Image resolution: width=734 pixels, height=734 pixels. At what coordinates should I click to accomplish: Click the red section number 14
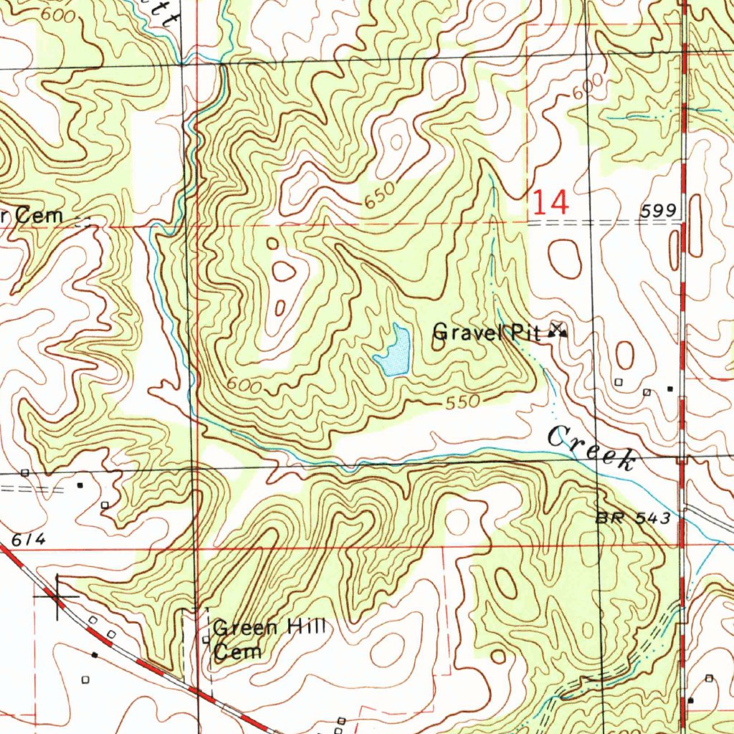coord(550,203)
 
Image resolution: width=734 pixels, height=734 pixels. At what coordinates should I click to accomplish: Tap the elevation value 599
coord(659,210)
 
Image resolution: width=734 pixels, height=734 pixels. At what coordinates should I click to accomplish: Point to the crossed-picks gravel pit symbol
coord(558,330)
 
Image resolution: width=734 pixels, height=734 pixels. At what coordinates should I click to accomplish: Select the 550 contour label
coord(462,403)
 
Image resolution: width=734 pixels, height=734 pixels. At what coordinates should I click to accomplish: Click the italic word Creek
coord(591,448)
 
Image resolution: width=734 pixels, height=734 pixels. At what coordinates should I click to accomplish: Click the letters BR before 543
coord(610,518)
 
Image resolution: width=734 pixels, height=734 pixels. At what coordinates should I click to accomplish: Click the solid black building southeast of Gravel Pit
coord(669,389)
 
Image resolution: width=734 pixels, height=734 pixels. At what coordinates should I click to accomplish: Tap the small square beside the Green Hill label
coord(206,639)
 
